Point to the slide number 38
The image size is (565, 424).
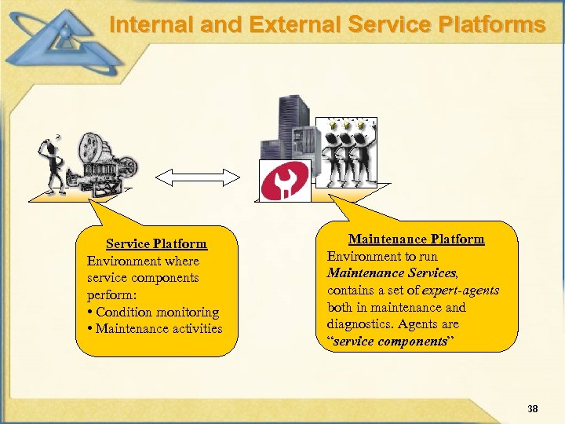coord(533,409)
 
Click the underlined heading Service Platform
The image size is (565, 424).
coord(156,244)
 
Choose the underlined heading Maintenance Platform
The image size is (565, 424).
coord(416,239)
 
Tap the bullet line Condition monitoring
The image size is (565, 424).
coord(156,312)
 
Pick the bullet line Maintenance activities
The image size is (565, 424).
coord(159,328)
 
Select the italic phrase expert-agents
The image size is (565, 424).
coord(459,290)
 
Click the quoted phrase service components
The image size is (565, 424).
coord(381,341)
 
